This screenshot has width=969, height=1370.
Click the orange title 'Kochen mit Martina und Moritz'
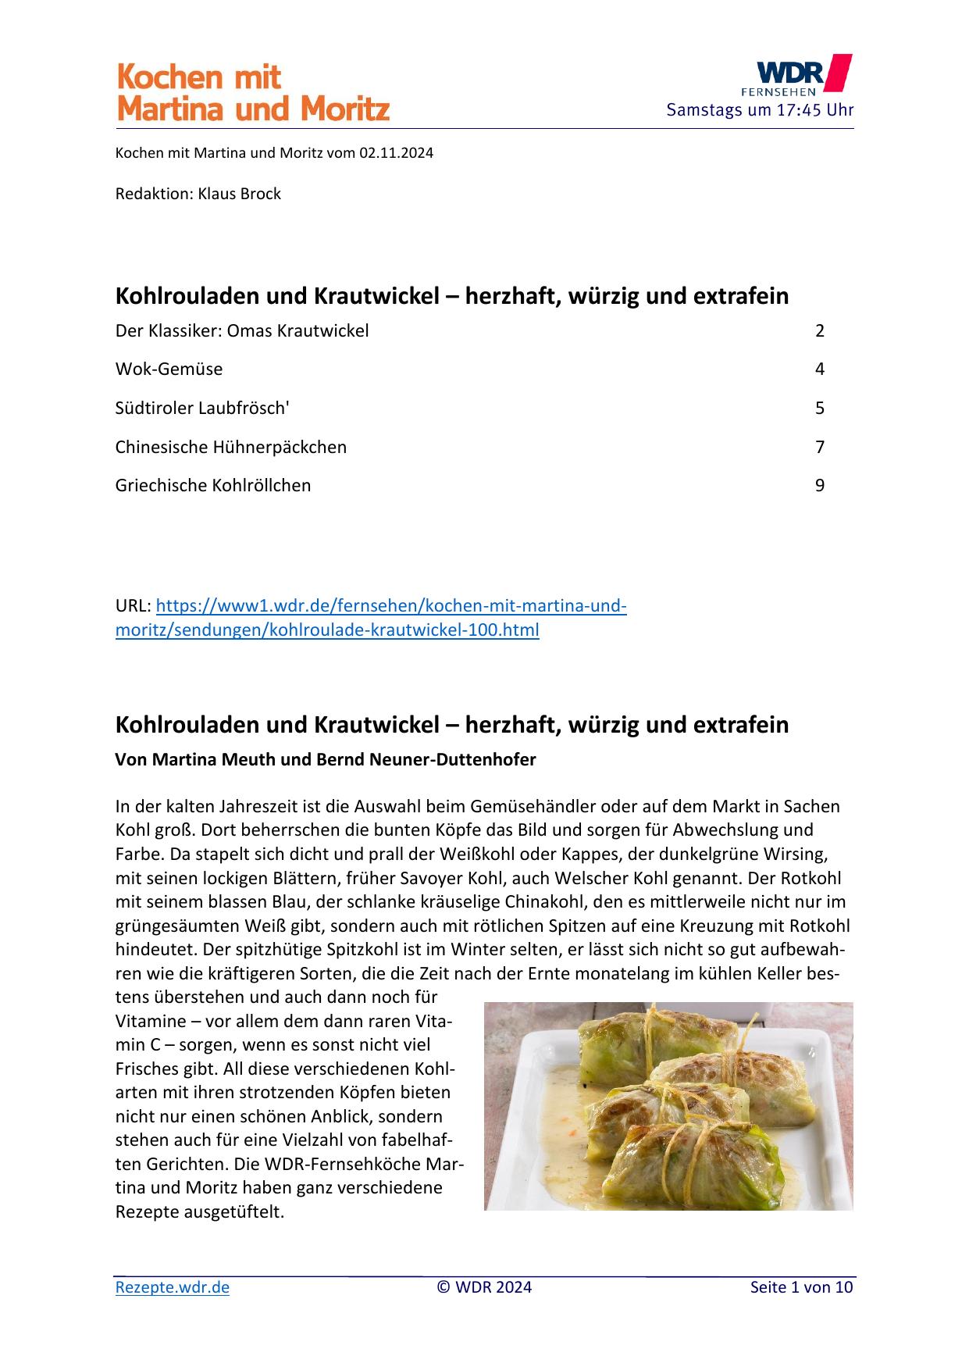point(253,94)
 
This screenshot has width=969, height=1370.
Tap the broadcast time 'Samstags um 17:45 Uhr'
point(760,110)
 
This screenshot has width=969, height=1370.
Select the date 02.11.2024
point(396,153)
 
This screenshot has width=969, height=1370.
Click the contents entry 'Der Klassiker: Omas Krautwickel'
point(242,330)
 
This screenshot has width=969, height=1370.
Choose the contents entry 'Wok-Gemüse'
point(169,369)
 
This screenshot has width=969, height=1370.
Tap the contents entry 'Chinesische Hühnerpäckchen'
point(231,447)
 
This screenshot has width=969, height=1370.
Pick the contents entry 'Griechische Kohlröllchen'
point(213,485)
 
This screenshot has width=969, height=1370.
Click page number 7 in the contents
point(820,447)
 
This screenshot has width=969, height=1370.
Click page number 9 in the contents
point(820,485)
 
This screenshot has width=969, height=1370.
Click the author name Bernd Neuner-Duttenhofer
point(426,759)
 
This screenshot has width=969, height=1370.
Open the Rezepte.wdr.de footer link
point(173,1287)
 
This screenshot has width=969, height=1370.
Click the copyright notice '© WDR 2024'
point(484,1287)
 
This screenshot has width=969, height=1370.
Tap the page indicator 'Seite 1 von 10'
point(801,1287)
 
